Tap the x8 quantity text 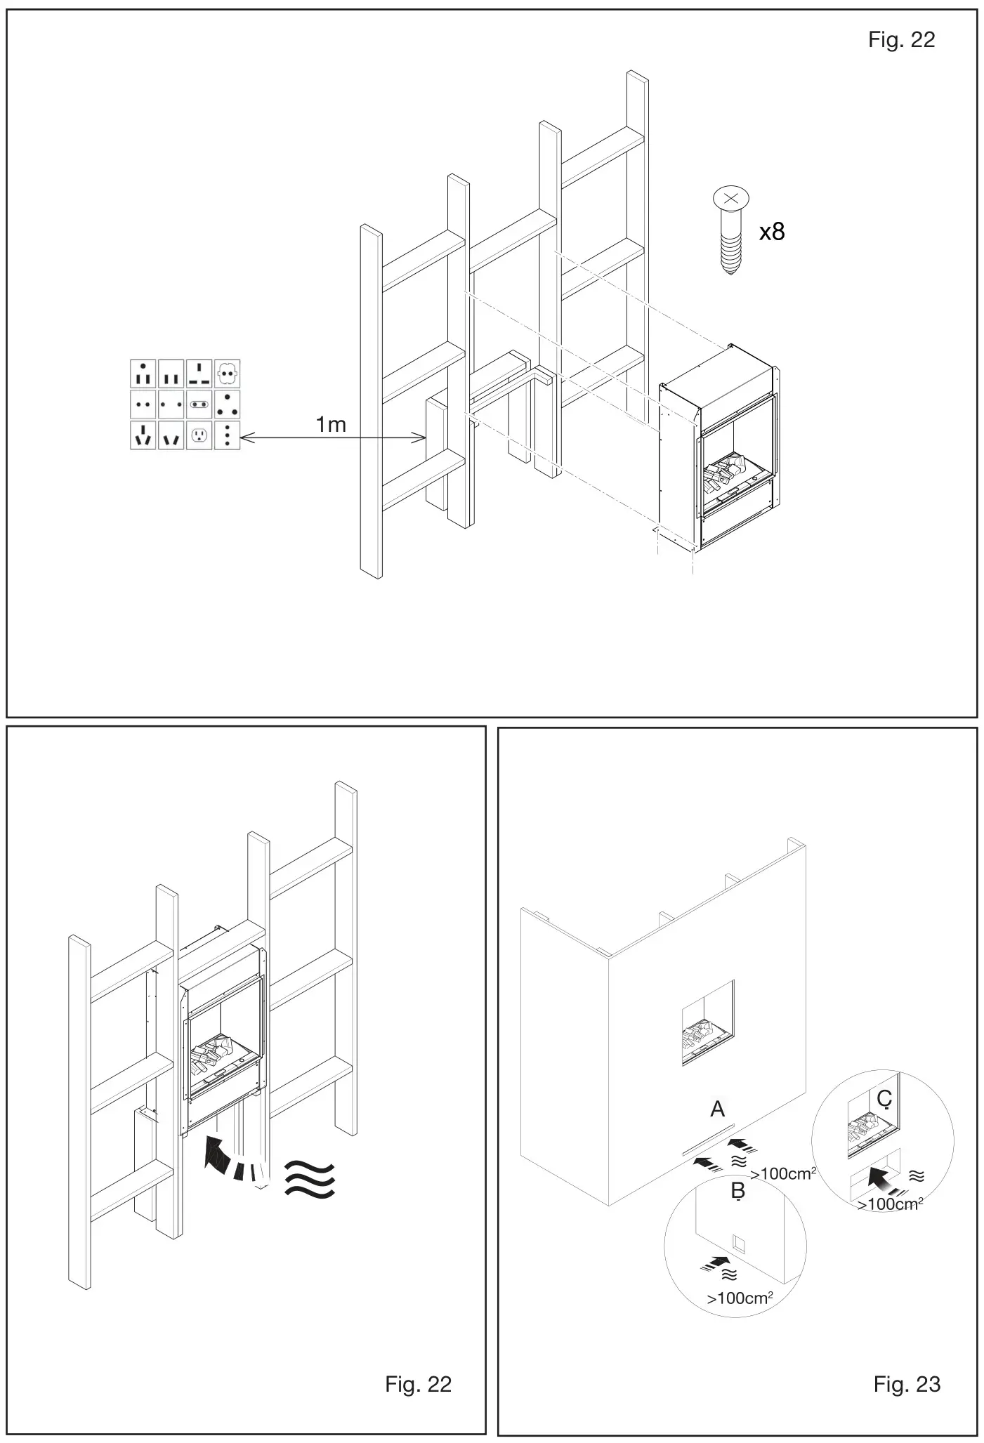point(772,232)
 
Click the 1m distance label point(331,425)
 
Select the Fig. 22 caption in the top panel point(901,40)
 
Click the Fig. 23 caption point(907,1384)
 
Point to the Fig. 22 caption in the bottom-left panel point(418,1384)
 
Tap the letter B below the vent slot point(737,1191)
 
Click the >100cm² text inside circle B point(740,1298)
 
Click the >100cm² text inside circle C point(890,1204)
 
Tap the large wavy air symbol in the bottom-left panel point(310,1178)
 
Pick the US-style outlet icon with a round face point(199,435)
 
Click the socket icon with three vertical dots point(227,435)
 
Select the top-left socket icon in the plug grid point(143,374)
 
